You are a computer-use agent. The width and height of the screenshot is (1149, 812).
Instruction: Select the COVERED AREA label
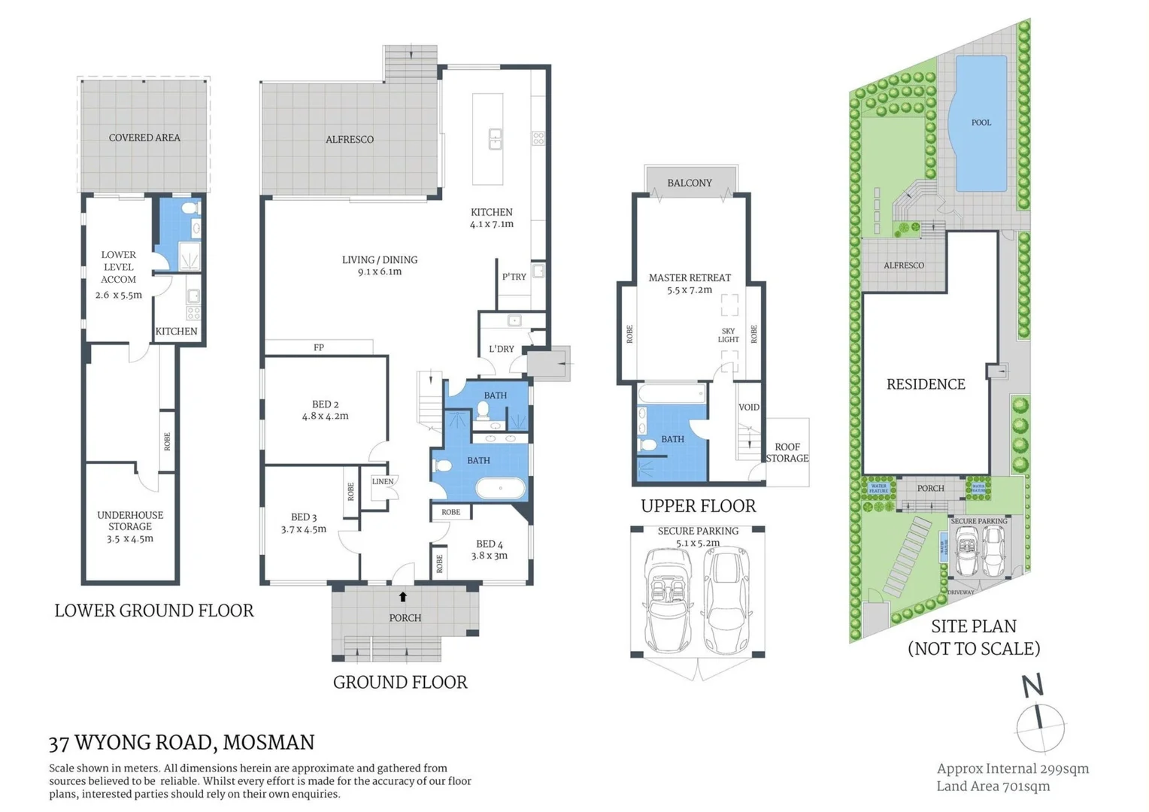click(144, 138)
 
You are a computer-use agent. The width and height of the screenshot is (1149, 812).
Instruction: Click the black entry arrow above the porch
click(403, 596)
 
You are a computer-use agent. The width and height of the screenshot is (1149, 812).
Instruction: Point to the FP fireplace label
click(319, 347)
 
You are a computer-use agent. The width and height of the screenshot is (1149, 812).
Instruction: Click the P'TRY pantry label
click(514, 277)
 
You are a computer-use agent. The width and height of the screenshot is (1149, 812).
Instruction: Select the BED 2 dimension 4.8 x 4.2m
click(325, 416)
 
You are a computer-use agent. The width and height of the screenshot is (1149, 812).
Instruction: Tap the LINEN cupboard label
click(383, 481)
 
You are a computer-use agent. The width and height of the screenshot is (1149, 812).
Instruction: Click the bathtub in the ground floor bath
click(501, 489)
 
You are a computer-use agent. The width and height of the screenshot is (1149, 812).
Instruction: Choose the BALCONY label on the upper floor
click(690, 183)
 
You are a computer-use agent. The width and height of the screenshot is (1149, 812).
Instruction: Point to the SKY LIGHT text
click(728, 335)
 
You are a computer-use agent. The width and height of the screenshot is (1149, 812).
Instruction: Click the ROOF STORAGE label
click(787, 453)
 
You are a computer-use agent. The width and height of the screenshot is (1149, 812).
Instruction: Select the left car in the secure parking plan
click(668, 600)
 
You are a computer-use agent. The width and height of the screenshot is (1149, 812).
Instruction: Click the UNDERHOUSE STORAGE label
click(130, 520)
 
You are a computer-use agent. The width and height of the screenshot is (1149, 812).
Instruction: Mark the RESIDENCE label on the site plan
click(926, 384)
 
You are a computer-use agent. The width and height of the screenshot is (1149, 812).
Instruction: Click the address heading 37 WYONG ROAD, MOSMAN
click(181, 742)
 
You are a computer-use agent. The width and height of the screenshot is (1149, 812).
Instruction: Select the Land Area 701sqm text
click(993, 786)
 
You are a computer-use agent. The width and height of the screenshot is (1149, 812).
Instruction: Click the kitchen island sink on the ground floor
click(496, 139)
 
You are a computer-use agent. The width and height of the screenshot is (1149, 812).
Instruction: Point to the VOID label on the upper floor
click(749, 408)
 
